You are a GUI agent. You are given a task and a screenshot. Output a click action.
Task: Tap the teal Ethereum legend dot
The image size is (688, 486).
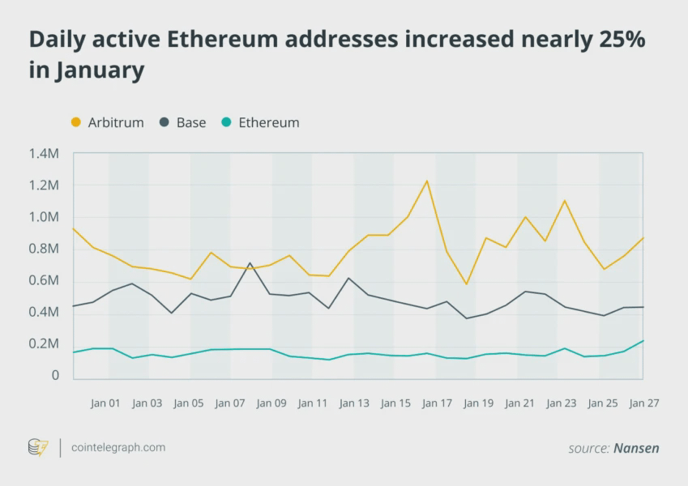[227, 122]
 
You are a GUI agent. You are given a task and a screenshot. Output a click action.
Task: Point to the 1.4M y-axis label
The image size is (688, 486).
[44, 153]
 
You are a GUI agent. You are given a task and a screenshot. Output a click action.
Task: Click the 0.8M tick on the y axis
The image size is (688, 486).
[44, 249]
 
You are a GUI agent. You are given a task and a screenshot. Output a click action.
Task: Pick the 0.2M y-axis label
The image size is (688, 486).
[44, 344]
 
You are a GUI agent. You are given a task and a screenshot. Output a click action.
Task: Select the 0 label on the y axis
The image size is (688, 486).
[55, 376]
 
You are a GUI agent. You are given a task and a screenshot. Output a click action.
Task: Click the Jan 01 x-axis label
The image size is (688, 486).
[105, 403]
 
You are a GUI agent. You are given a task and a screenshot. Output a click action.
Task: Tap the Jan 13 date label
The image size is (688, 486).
[354, 403]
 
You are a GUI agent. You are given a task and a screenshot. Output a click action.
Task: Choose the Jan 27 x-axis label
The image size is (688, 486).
[643, 403]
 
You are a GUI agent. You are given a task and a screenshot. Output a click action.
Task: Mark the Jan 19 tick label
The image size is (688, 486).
[478, 403]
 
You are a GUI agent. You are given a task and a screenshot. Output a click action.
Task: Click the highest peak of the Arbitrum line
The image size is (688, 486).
[427, 181]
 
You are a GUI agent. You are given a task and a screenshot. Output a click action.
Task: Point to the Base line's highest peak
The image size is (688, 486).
[250, 263]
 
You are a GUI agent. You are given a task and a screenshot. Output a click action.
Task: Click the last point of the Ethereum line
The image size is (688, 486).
[643, 340]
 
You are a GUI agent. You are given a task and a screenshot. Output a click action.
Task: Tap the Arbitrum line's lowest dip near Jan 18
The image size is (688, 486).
[467, 284]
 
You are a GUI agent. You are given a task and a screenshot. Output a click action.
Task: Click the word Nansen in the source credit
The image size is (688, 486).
[636, 448]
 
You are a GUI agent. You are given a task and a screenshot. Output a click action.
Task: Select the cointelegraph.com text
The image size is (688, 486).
[118, 447]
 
